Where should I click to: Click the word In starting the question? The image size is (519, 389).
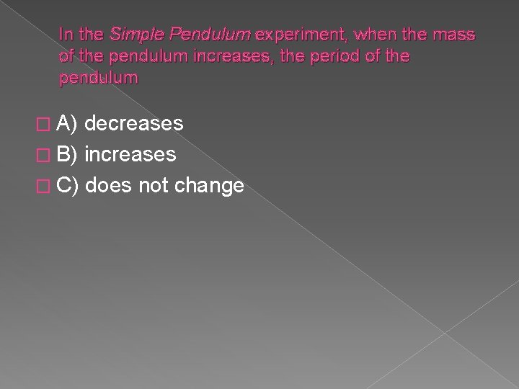click(66, 34)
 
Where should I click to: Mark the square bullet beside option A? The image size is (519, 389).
click(46, 125)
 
